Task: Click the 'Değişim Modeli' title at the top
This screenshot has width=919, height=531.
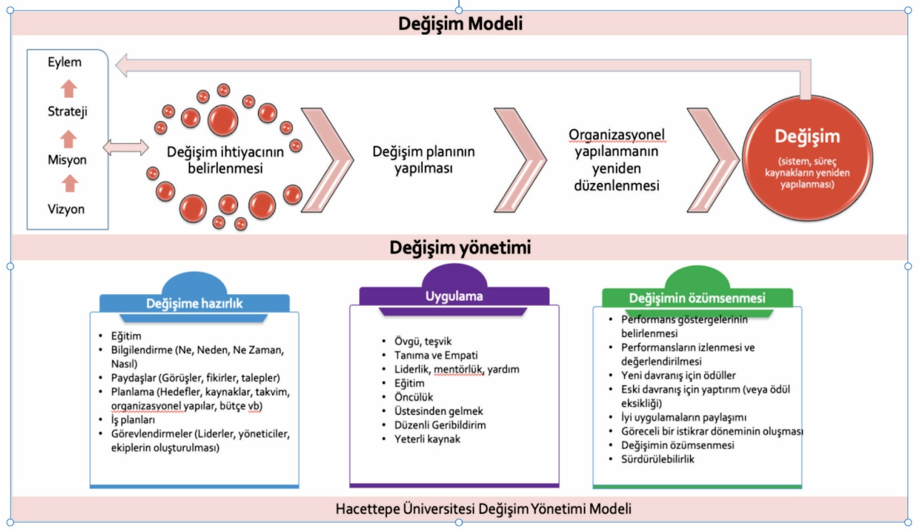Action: tap(460, 24)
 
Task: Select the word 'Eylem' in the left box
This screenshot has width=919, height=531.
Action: tap(65, 63)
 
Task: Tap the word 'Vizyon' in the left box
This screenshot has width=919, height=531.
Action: tap(65, 210)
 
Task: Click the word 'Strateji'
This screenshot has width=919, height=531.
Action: tap(67, 111)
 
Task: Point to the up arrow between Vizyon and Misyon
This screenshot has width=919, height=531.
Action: tap(69, 185)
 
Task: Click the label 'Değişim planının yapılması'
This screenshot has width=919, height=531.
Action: tap(424, 160)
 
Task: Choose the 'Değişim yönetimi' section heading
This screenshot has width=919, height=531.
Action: tap(460, 247)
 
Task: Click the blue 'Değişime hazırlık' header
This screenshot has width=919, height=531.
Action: tap(194, 303)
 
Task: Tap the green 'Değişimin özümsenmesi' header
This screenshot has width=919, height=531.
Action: tap(697, 298)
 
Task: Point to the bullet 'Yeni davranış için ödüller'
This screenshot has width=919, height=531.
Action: tap(678, 375)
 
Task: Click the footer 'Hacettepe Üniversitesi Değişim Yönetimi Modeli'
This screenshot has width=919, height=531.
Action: tap(483, 508)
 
